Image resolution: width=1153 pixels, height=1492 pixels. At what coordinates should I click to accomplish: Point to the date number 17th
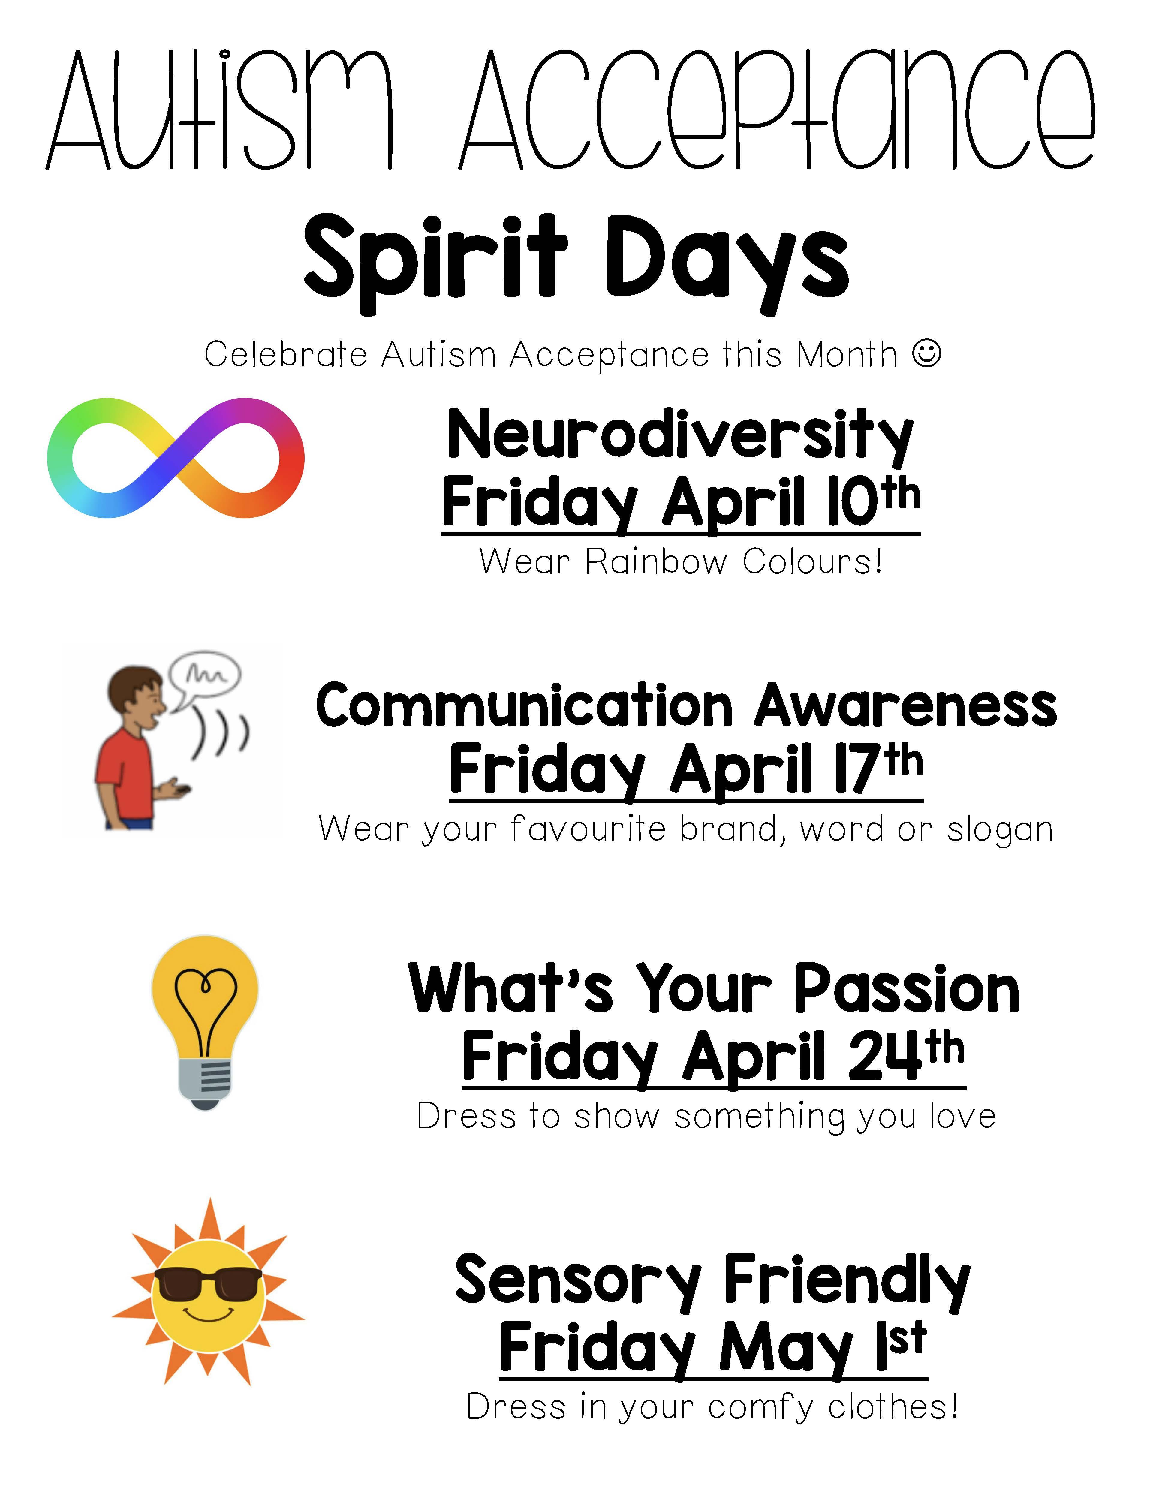(x=878, y=769)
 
